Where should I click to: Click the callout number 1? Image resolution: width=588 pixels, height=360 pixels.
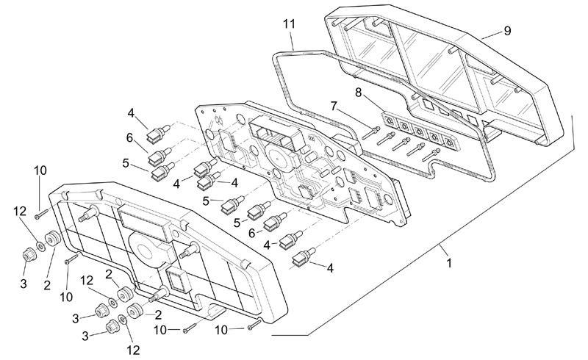click(449, 263)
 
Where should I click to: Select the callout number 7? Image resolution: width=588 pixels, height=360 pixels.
click(334, 106)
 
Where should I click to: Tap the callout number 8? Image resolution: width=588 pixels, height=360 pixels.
click(359, 93)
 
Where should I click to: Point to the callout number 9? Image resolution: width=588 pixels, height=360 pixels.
click(507, 31)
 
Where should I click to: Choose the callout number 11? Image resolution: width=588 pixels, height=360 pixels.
click(289, 24)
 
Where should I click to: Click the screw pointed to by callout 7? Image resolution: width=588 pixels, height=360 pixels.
click(371, 133)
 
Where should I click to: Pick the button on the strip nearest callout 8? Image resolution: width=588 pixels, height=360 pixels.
click(390, 120)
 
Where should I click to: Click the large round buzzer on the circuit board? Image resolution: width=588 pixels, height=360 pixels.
click(279, 159)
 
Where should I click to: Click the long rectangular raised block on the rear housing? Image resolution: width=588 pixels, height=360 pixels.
click(143, 223)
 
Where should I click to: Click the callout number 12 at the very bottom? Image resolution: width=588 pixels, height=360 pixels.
click(133, 350)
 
